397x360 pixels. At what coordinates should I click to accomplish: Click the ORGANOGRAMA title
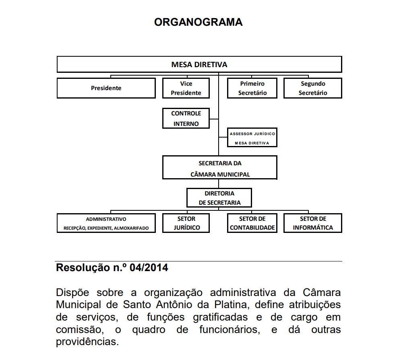(x=198, y=22)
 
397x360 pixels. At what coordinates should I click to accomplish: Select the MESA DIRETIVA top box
(x=199, y=64)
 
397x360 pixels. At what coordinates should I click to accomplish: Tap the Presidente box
(x=106, y=88)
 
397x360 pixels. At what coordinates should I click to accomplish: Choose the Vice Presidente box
(x=186, y=88)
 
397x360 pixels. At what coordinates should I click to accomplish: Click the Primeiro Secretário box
(x=252, y=88)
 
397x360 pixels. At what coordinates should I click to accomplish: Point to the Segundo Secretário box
(x=313, y=88)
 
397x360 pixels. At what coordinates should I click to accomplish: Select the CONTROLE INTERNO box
(x=186, y=118)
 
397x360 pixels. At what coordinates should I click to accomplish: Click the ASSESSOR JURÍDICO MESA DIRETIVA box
(x=252, y=138)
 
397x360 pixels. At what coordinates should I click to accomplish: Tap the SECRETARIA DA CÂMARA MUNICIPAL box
(x=220, y=167)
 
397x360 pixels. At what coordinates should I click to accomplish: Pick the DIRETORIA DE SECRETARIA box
(x=219, y=197)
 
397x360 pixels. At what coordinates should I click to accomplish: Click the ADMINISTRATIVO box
(x=106, y=223)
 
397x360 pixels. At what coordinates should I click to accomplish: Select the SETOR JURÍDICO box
(x=186, y=223)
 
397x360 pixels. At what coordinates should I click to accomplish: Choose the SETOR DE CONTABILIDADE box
(x=252, y=223)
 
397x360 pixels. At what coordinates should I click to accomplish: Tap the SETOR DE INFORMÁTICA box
(x=313, y=223)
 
